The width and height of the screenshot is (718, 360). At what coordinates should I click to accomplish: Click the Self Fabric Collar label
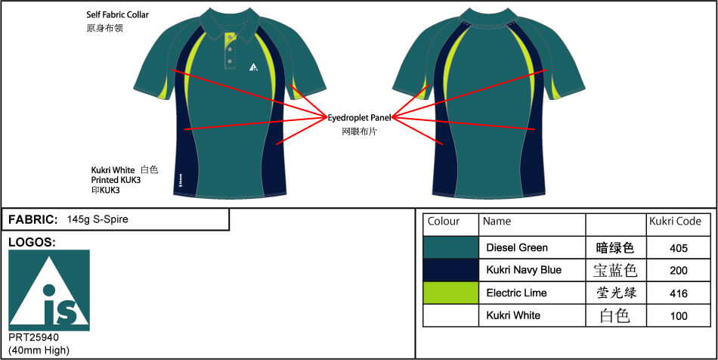[118, 14]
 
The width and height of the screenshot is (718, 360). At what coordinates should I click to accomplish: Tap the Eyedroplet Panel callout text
[360, 118]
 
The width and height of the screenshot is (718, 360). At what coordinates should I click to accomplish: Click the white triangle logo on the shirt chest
[254, 67]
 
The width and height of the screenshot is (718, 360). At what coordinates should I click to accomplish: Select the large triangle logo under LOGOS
[49, 290]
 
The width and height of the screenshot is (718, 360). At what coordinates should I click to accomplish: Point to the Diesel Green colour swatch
[450, 248]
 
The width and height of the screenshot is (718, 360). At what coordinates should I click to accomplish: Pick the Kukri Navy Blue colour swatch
[450, 270]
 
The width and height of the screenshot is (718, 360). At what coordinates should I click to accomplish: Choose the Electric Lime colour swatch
[450, 293]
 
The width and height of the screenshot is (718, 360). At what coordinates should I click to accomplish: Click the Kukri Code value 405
[678, 248]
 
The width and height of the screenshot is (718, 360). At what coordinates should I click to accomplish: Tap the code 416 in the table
[678, 293]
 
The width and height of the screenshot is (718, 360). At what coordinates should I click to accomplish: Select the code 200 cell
[678, 271]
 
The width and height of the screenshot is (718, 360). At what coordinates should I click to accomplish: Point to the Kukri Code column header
[675, 222]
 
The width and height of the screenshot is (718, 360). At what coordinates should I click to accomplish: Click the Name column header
[497, 222]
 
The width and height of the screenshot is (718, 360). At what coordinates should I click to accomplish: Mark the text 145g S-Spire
[97, 219]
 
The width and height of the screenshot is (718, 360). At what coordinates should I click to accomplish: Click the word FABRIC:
[33, 219]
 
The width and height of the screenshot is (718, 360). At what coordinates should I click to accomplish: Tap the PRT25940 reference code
[33, 337]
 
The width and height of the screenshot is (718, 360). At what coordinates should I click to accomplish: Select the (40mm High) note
[39, 351]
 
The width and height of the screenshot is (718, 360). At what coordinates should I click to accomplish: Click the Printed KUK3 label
[116, 180]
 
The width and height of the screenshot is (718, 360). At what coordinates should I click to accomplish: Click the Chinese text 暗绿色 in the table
[615, 248]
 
